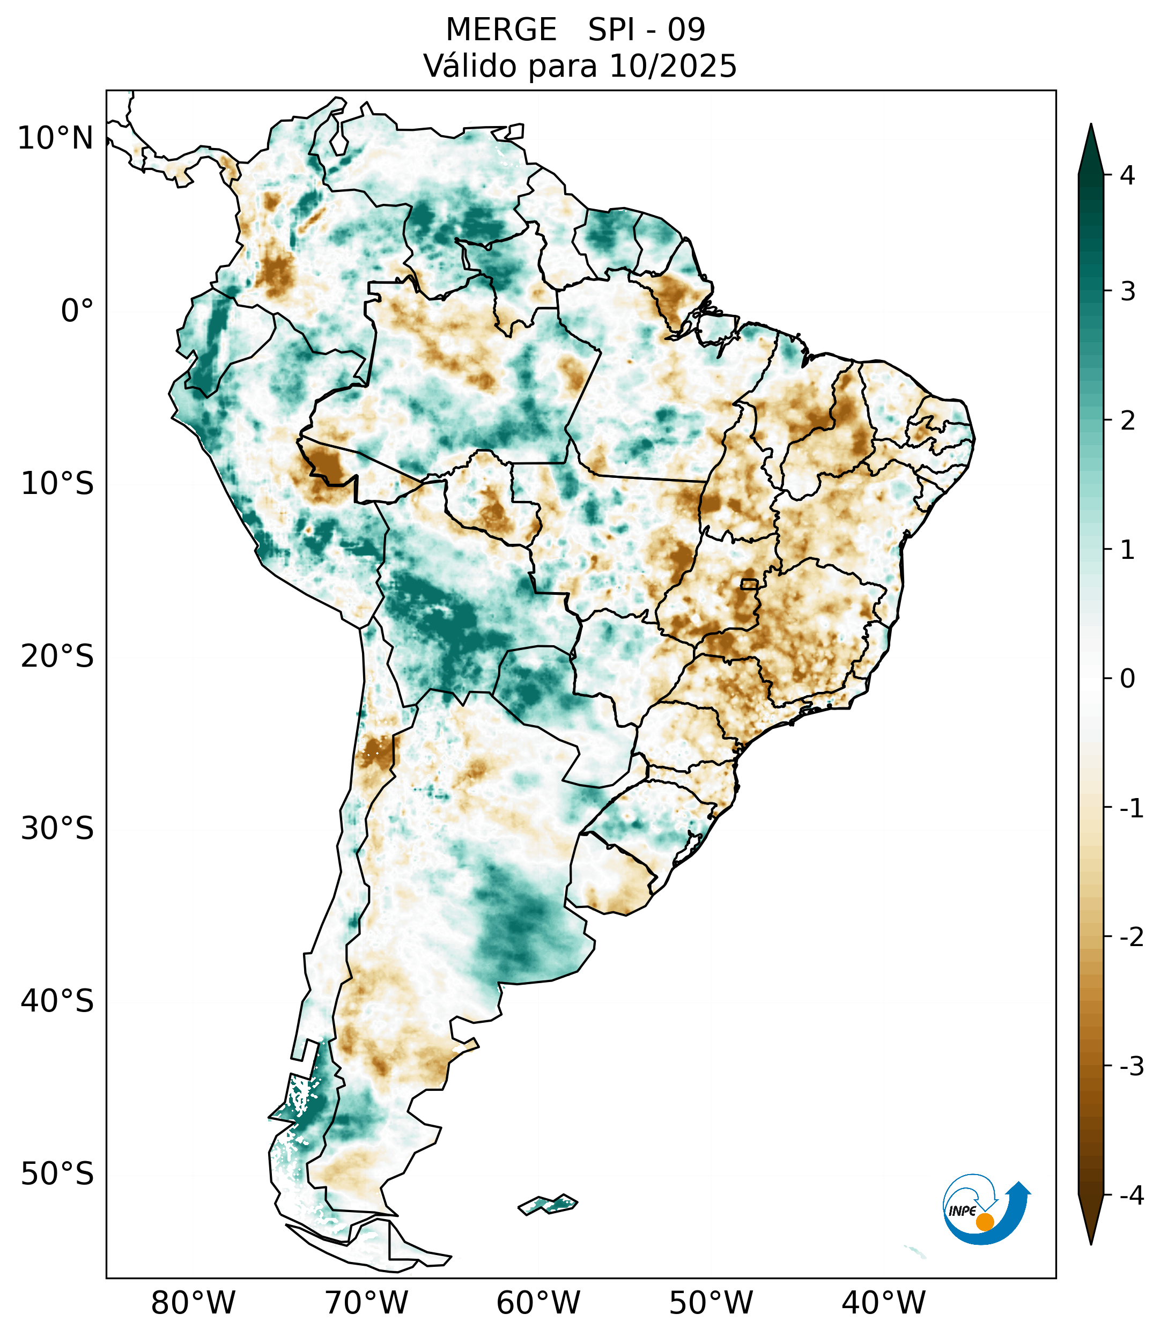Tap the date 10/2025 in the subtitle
click(x=673, y=66)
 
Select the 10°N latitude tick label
click(x=56, y=138)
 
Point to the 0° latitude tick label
click(x=77, y=311)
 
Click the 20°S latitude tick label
click(x=57, y=656)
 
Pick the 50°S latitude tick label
click(x=57, y=1174)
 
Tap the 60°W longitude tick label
click(x=538, y=1303)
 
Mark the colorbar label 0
click(x=1127, y=679)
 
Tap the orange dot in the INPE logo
click(x=985, y=1222)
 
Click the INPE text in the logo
click(x=962, y=1211)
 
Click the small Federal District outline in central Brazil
click(x=749, y=584)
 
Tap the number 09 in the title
click(x=686, y=30)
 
